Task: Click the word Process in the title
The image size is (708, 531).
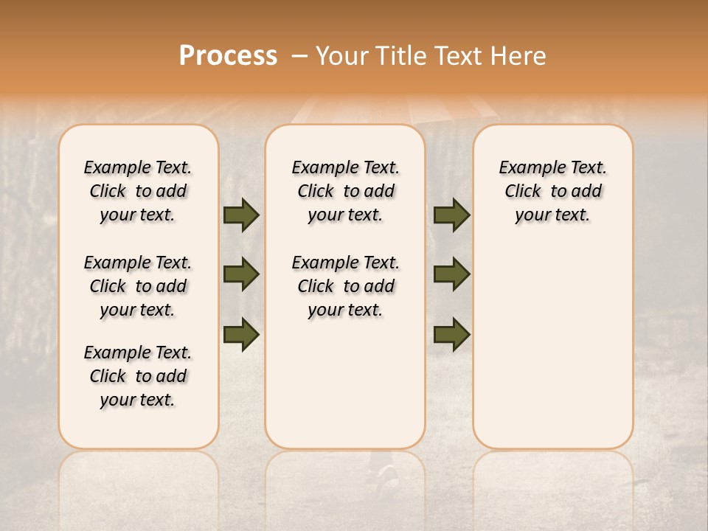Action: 228,56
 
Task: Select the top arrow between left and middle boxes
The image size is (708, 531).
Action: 241,215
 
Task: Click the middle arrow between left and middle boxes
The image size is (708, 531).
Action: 241,274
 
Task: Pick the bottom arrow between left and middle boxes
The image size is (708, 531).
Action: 241,334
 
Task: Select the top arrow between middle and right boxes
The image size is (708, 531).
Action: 451,215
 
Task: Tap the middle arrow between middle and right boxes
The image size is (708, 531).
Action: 451,274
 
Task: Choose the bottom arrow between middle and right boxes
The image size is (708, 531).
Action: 451,334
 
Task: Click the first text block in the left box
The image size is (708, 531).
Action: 138,191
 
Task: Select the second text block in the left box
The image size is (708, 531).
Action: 138,286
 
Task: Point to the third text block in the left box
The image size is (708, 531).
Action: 138,376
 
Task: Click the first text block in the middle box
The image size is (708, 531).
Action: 345,191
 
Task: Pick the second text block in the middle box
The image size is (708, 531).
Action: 345,286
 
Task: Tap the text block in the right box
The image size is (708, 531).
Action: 552,191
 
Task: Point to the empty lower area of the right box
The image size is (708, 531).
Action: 552,347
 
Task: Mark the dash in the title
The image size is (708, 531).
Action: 299,56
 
